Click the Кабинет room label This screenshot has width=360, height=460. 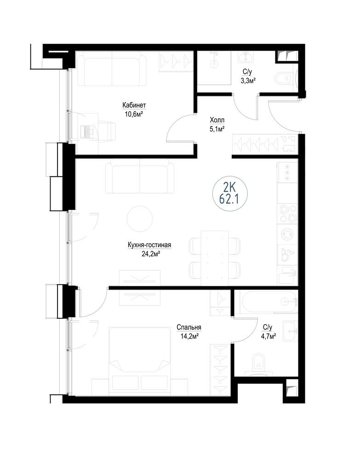pyautogui.click(x=134, y=105)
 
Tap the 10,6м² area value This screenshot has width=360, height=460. pyautogui.click(x=134, y=113)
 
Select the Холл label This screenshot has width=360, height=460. pyautogui.click(x=217, y=120)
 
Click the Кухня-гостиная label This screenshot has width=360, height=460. pyautogui.click(x=149, y=245)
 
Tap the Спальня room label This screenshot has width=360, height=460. pyautogui.click(x=189, y=327)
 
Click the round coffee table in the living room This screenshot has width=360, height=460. pyautogui.click(x=140, y=219)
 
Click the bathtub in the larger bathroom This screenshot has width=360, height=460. pyautogui.click(x=268, y=301)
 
